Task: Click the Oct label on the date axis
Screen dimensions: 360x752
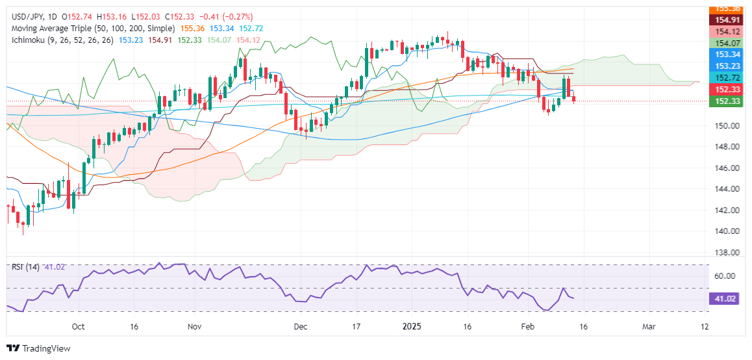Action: pyautogui.click(x=78, y=326)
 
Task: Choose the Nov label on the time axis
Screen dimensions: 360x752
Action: pyautogui.click(x=193, y=326)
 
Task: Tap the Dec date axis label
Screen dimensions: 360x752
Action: pyautogui.click(x=300, y=326)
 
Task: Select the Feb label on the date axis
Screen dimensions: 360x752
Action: pyautogui.click(x=528, y=326)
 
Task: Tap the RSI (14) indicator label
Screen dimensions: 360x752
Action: pyautogui.click(x=25, y=267)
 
